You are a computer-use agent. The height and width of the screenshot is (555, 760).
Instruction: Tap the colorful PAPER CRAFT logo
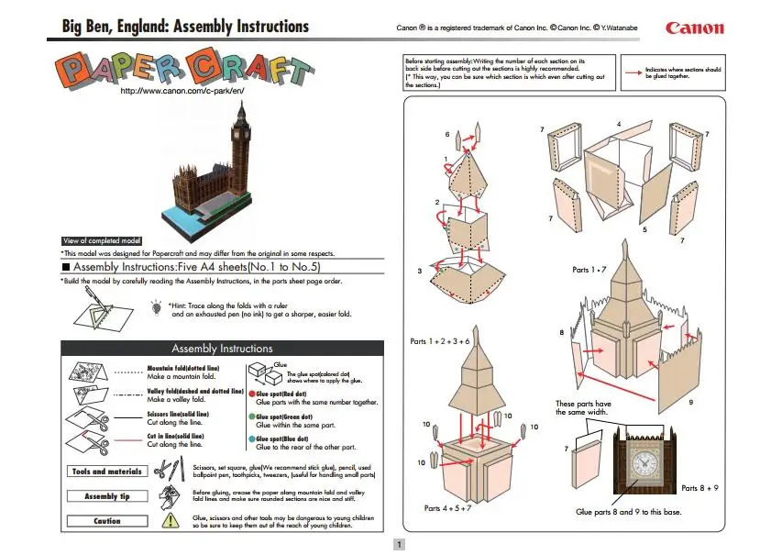tap(182, 70)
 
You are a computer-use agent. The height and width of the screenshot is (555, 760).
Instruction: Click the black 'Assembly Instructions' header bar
tap(222, 349)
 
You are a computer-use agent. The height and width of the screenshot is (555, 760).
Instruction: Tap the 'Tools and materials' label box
tap(106, 472)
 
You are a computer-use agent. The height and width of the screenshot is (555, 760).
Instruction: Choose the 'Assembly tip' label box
tap(106, 496)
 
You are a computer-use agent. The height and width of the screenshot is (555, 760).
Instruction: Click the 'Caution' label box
tap(106, 521)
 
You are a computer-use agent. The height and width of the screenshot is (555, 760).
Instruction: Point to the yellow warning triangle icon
tap(171, 520)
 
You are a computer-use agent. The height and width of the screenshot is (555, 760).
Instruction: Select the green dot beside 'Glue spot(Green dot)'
tap(250, 416)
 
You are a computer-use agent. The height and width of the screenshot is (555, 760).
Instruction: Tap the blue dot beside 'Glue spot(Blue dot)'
tap(250, 439)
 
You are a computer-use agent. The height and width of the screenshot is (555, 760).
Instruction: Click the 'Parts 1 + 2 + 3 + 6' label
tap(441, 342)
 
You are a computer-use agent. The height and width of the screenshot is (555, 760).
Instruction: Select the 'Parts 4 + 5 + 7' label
tap(447, 507)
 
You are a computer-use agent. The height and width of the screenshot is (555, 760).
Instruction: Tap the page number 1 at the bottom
tap(399, 544)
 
